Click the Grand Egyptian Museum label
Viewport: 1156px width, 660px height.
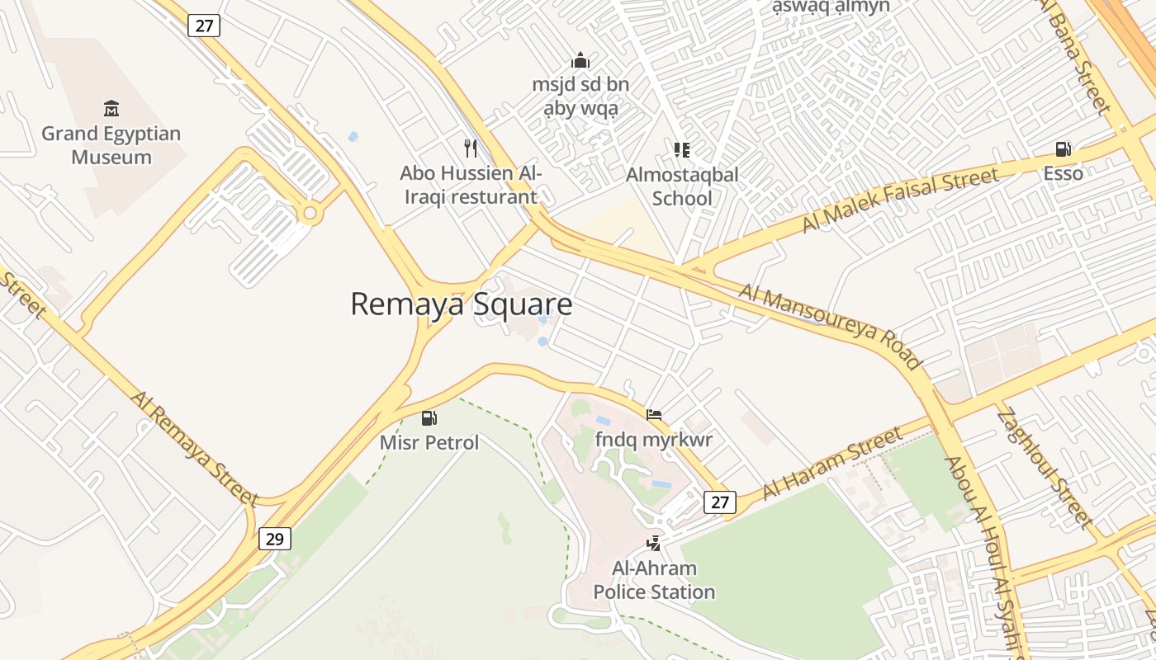tap(111, 145)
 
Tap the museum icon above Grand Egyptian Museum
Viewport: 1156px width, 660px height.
tap(111, 108)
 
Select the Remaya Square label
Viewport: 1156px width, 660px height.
tap(461, 304)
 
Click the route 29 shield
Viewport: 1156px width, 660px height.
tap(275, 539)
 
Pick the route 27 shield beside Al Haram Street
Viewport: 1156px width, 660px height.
tap(720, 502)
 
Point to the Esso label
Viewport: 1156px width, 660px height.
tap(1063, 173)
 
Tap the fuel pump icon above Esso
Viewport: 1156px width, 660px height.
tap(1063, 149)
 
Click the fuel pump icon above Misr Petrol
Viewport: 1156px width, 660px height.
tap(429, 418)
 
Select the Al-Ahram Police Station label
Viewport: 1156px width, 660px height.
tap(654, 580)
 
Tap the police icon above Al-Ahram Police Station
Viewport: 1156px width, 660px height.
tap(654, 543)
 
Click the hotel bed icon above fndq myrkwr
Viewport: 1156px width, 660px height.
tap(654, 414)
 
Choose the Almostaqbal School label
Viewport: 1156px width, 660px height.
tap(682, 186)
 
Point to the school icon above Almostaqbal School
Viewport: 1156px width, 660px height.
tap(682, 149)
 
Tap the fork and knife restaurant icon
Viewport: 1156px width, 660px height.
tap(471, 148)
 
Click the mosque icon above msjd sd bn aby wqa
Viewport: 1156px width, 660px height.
tap(580, 60)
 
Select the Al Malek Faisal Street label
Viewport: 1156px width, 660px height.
tap(900, 199)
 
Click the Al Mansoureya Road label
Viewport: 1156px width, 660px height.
tap(830, 327)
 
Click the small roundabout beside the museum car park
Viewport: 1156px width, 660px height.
tap(310, 214)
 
